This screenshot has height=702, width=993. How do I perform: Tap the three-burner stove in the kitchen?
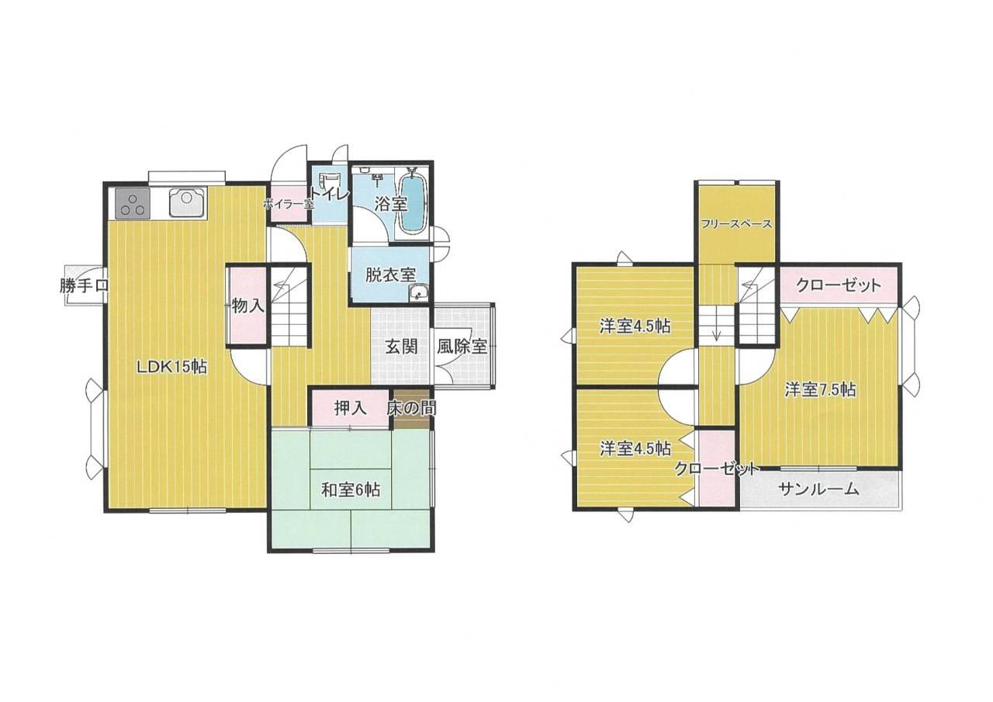coord(133,203)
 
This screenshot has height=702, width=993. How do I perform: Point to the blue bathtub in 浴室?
coord(413,204)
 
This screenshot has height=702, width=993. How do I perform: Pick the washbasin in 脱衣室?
coord(418,292)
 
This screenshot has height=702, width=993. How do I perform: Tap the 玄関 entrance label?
coord(401,347)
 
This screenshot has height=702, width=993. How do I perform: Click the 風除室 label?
coord(462,346)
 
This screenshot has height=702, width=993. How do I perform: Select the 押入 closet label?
coord(350,408)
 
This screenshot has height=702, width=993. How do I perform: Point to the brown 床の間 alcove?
coord(412,409)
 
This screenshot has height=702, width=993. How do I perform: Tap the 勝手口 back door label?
coord(85,286)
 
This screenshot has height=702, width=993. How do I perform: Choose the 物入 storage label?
coord(248,306)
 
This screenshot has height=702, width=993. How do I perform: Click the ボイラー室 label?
coord(288,205)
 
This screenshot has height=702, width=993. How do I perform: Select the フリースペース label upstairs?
coord(736,224)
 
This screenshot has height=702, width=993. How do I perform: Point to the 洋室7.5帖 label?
coord(820,390)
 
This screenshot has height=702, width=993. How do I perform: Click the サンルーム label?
coord(818,489)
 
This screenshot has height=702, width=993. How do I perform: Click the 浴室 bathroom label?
coord(390,204)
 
